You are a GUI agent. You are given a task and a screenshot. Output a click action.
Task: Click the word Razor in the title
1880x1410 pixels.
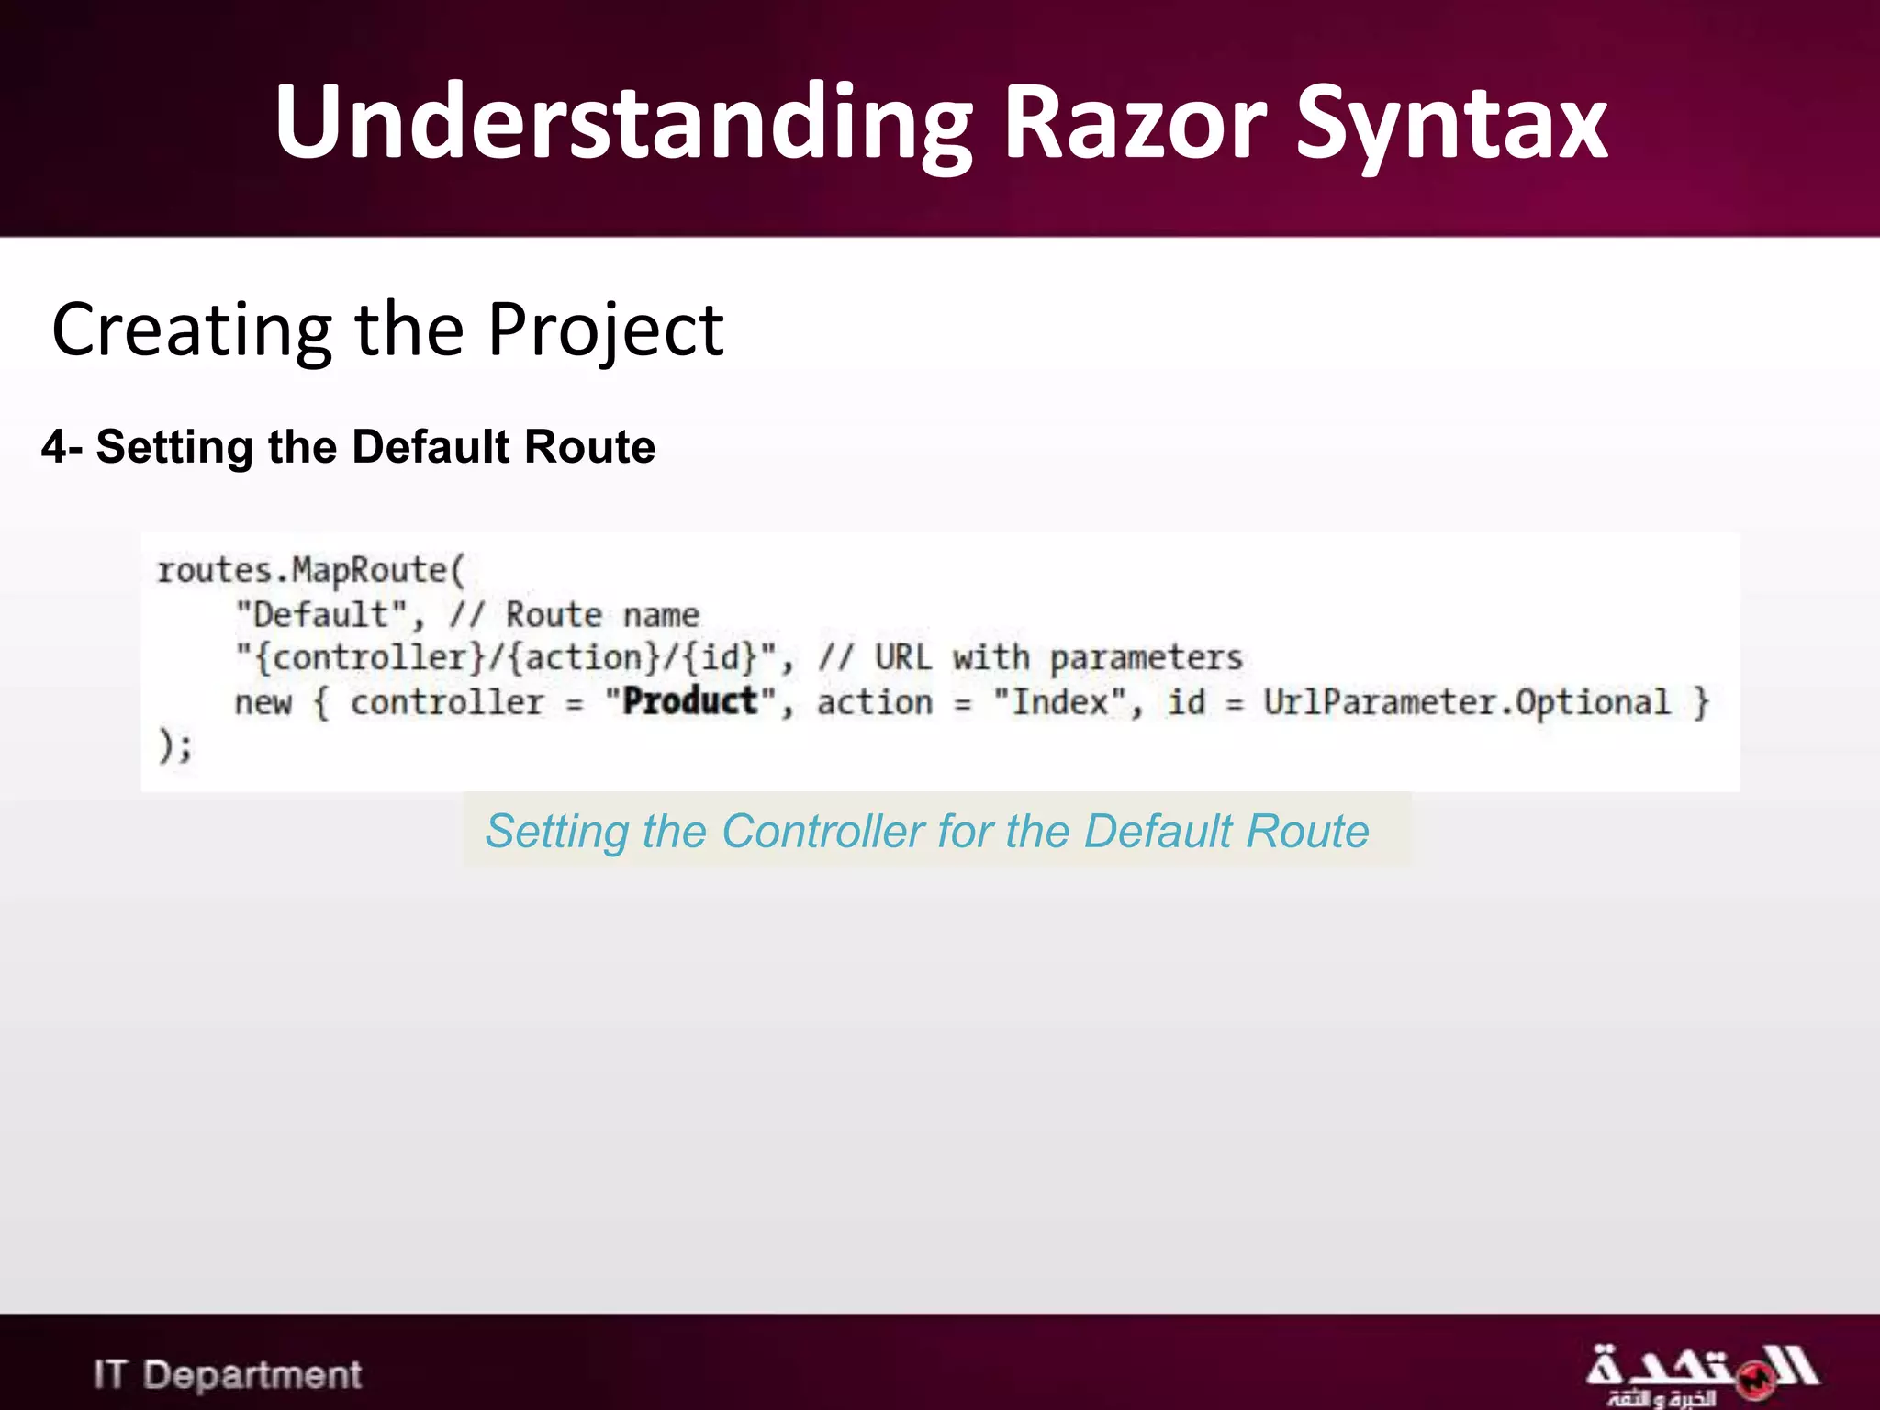click(1135, 124)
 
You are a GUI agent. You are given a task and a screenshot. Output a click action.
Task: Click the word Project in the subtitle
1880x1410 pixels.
click(605, 330)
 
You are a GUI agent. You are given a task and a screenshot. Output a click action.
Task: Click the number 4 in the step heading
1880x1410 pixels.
click(54, 448)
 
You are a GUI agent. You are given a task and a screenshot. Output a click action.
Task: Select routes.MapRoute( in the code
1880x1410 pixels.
click(311, 571)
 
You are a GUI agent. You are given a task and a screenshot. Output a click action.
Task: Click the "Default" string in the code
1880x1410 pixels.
click(320, 614)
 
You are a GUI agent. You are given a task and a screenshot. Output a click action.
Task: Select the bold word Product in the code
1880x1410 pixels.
click(689, 702)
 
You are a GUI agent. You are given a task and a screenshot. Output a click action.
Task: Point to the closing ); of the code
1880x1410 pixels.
click(175, 745)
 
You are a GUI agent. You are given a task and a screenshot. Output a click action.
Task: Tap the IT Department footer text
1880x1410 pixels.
click(228, 1375)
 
